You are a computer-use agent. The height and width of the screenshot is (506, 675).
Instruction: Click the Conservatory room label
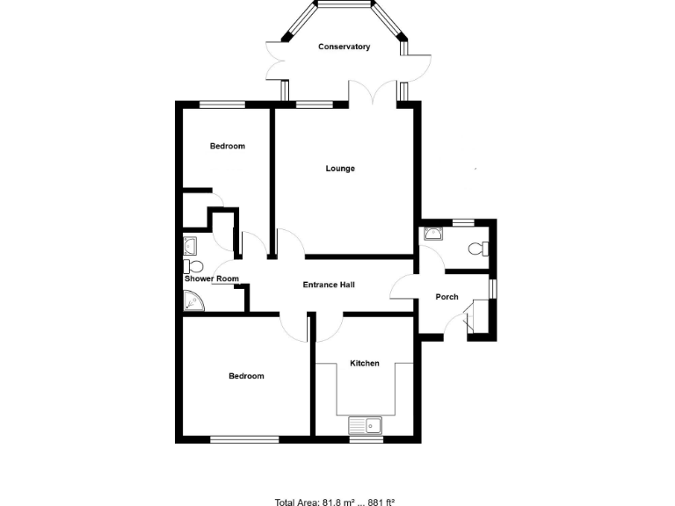pos(344,47)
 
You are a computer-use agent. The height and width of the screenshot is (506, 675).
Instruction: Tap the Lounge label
pos(340,169)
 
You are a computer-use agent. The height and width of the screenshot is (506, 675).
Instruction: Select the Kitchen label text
pos(365,363)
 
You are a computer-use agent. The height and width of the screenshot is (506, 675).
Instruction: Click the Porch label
pos(447,297)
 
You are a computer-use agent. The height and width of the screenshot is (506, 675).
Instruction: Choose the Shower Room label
pos(211,279)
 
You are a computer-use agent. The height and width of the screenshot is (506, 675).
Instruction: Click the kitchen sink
pos(365,426)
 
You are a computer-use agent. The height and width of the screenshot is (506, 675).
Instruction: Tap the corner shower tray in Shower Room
pos(192,301)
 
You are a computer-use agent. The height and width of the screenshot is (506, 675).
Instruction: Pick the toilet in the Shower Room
pos(192,265)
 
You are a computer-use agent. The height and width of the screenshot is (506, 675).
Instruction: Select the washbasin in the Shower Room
pos(190,245)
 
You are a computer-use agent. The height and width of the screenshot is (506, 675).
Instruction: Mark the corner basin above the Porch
pos(432,233)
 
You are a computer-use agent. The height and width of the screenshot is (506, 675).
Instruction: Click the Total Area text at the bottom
pos(335,502)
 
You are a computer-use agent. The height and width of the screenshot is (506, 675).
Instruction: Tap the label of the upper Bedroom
pos(227,146)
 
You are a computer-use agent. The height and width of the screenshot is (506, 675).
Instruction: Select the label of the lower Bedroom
pos(246,376)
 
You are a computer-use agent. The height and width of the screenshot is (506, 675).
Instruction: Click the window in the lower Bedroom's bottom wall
pos(244,437)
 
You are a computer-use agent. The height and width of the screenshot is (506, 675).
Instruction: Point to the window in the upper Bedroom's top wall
pos(221,105)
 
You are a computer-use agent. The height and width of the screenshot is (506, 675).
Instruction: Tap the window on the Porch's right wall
pos(492,289)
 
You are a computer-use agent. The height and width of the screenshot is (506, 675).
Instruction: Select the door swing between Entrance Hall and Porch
pos(403,289)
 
